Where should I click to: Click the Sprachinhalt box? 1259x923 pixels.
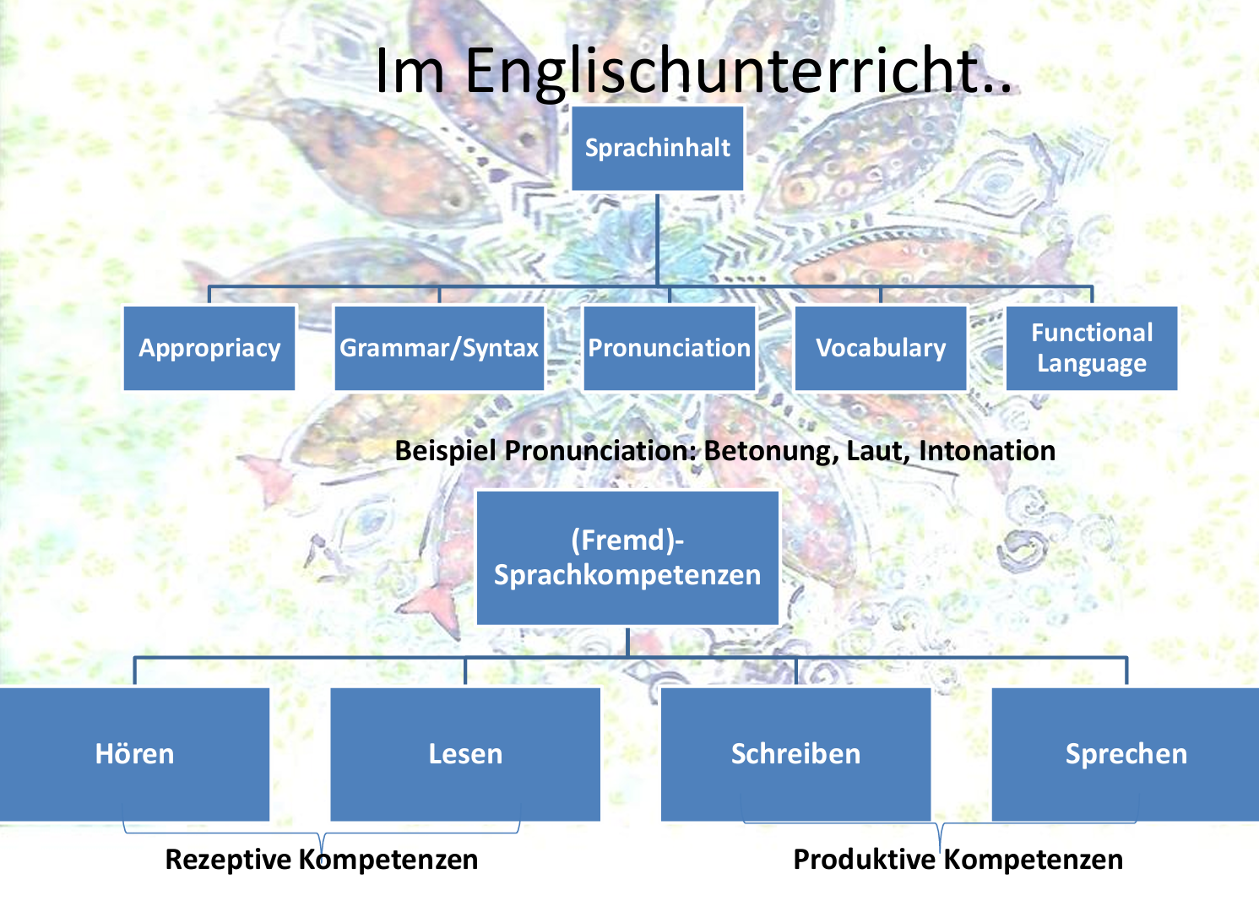tap(657, 148)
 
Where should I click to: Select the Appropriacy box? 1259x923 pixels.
tap(209, 348)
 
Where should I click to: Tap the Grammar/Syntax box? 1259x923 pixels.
tap(439, 348)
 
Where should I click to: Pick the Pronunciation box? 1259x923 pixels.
tap(669, 348)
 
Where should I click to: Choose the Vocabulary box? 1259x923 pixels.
tap(881, 348)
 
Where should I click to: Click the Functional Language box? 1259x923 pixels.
tap(1092, 348)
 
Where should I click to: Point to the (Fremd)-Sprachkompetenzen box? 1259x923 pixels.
tap(627, 557)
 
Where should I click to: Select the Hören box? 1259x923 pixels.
tap(135, 753)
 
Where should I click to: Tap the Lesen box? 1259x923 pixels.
tap(465, 753)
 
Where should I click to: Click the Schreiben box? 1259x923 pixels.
tap(795, 753)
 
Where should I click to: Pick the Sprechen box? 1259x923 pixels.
tap(1126, 753)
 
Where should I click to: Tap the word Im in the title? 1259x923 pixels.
tap(410, 70)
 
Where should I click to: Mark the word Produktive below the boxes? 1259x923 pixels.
tap(864, 860)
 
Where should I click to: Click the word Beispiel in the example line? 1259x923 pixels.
tap(446, 451)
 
